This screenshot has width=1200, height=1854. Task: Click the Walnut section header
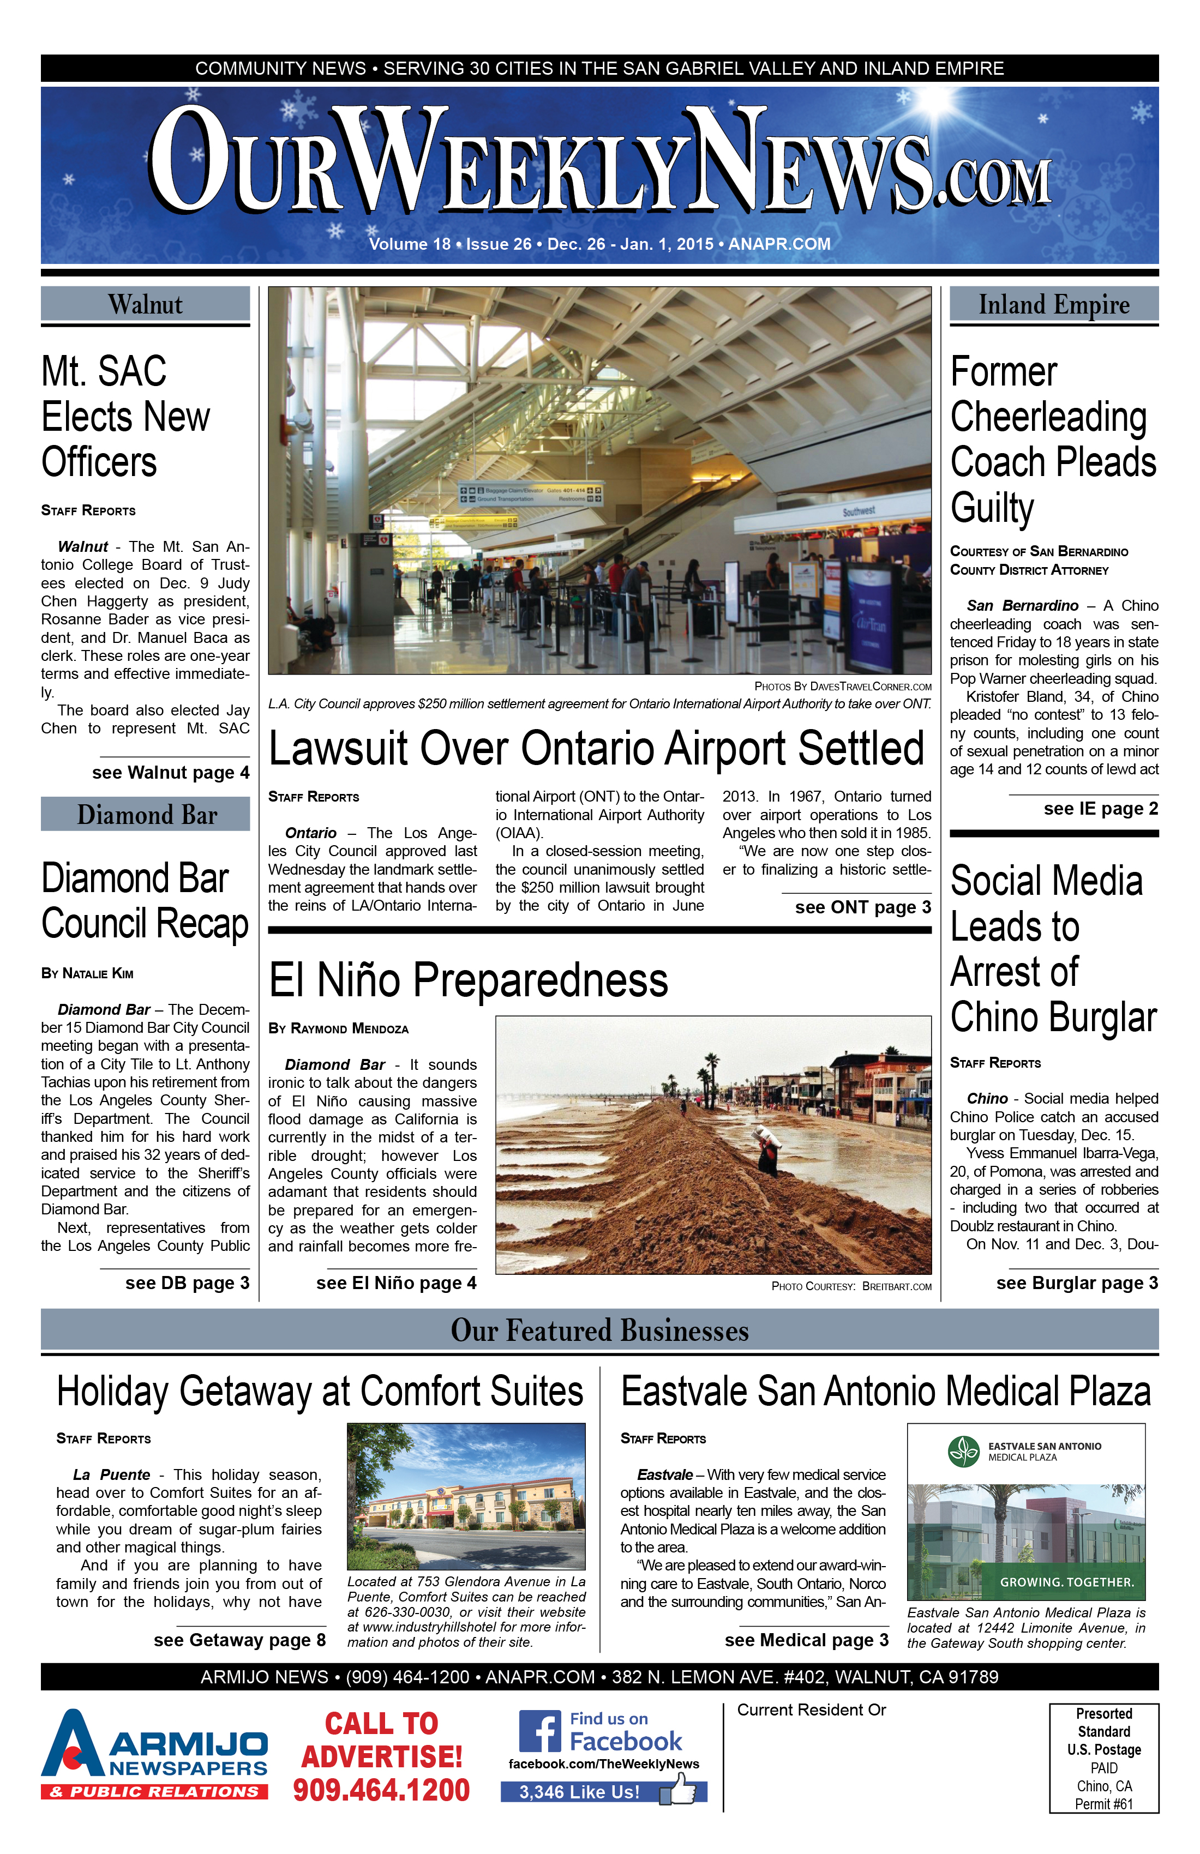coord(146,305)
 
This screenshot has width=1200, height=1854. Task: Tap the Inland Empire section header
coord(1053,305)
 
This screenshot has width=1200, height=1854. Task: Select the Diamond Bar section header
coord(146,815)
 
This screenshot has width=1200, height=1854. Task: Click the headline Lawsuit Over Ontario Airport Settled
coord(596,749)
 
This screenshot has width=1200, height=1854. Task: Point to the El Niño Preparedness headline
coord(469,980)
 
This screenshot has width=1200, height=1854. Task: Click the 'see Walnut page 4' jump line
coord(171,772)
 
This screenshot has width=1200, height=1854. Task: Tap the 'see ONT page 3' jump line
coord(862,907)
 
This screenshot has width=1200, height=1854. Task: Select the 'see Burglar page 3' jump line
coord(1077,1283)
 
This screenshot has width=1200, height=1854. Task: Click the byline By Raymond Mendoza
coord(338,1028)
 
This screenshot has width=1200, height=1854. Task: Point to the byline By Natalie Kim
coord(87,973)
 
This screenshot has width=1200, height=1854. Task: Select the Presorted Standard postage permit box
coord(1103,1758)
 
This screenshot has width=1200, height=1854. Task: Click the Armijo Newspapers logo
coord(154,1754)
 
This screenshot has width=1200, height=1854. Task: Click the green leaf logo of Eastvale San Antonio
coord(964,1452)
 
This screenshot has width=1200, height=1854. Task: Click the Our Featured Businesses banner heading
coord(599,1331)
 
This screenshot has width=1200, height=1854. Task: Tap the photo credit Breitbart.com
coord(896,1286)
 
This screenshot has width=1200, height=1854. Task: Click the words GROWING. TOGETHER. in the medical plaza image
coord(1067,1582)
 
